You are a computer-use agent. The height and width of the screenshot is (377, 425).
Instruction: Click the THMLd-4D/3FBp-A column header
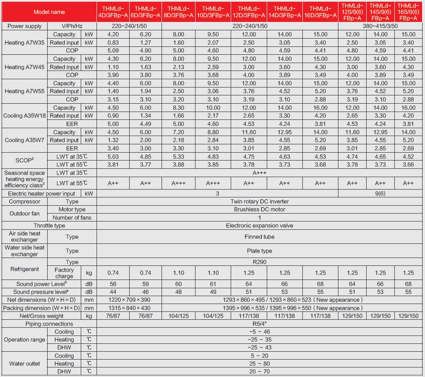[x=113, y=12]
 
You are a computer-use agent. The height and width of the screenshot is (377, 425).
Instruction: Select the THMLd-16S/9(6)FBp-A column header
[x=409, y=12]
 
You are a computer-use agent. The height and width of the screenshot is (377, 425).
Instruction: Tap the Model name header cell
[x=49, y=12]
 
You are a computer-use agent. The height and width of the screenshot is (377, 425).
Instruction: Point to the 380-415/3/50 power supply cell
[x=381, y=26]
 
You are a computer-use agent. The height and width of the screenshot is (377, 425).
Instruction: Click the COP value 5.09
[x=113, y=51]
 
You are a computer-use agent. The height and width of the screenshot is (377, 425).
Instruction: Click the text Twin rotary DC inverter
[x=259, y=202]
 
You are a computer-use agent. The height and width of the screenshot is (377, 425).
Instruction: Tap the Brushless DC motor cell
[x=259, y=209]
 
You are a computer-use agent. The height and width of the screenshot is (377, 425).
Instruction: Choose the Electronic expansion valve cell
[x=259, y=226]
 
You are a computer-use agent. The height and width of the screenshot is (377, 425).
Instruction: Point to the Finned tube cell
[x=259, y=237]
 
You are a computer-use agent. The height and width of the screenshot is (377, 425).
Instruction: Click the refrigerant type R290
[x=259, y=262]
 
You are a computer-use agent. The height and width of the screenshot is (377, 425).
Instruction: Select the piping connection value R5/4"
[x=259, y=324]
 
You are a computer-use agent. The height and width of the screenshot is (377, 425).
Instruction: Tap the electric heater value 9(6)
[x=381, y=194]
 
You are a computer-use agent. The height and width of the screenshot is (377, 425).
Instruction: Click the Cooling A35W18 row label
[x=24, y=116]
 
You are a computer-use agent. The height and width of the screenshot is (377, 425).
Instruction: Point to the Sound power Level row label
[x=42, y=284]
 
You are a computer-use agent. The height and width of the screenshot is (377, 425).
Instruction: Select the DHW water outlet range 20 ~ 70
[x=259, y=372]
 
